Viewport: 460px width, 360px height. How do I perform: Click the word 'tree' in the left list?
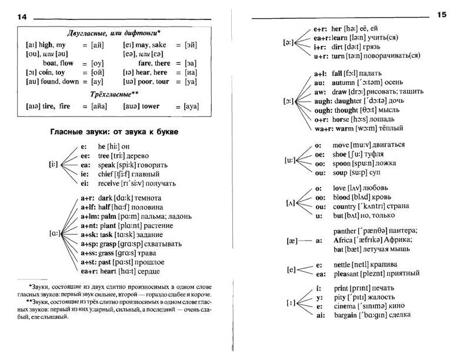(106, 155)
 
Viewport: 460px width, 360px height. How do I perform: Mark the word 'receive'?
(111, 184)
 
